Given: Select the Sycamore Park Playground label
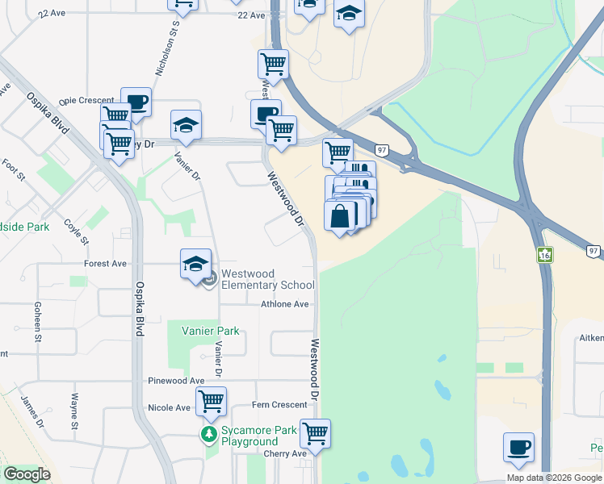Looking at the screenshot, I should [x=250, y=436].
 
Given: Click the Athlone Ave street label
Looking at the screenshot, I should [x=285, y=304].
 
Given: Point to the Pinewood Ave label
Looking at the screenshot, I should [x=176, y=380].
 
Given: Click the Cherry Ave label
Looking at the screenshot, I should [x=287, y=453].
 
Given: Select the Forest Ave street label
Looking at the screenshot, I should [x=105, y=263].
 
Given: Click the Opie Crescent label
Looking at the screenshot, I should [x=86, y=100].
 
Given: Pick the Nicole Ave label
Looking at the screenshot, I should [x=169, y=407].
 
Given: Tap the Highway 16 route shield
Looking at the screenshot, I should [x=543, y=255].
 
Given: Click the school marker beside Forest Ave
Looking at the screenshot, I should [x=195, y=264].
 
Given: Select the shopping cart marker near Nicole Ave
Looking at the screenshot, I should [x=211, y=400].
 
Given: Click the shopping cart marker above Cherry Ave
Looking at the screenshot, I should [x=315, y=433].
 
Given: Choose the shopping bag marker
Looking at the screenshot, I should [x=341, y=216].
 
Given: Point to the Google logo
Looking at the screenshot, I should [x=26, y=474].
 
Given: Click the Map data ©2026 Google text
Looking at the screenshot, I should [x=554, y=478].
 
